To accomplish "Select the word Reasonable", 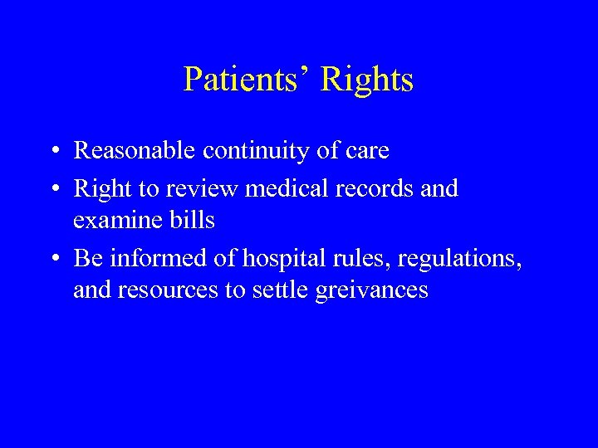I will pyautogui.click(x=135, y=151).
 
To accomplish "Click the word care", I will pyautogui.click(x=365, y=151).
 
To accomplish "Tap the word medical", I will pyautogui.click(x=279, y=189).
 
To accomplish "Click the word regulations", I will pyautogui.click(x=459, y=259).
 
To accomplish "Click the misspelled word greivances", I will pyautogui.click(x=371, y=290).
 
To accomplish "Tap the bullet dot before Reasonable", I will pyautogui.click(x=52, y=152).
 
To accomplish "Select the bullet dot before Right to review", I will pyautogui.click(x=52, y=190).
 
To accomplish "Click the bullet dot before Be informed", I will pyautogui.click(x=52, y=260).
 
